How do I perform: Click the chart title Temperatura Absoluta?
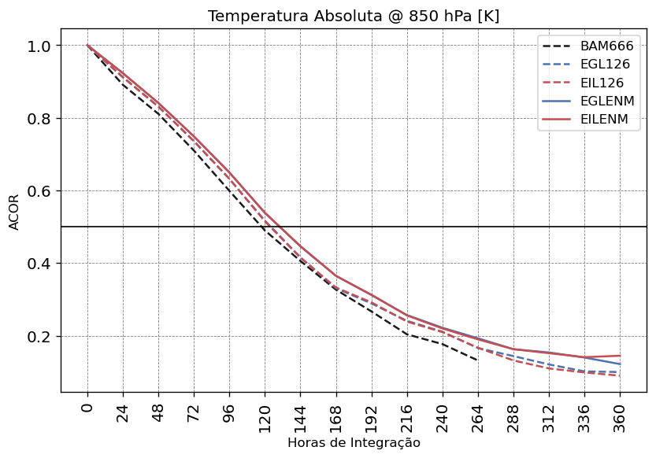point(353,17)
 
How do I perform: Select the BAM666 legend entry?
point(606,46)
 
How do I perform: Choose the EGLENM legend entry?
point(607,102)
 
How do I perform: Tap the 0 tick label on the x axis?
point(87,408)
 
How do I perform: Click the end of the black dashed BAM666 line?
point(478,360)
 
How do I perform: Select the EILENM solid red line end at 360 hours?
point(620,356)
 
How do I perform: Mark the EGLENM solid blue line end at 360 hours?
point(620,364)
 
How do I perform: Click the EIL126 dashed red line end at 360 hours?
point(620,375)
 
